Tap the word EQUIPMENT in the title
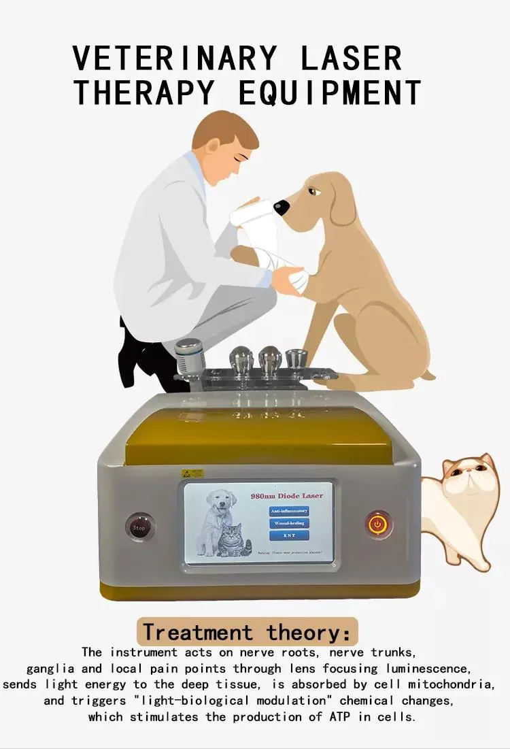pyautogui.click(x=330, y=92)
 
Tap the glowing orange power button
pyautogui.click(x=378, y=525)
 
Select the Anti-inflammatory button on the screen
pyautogui.click(x=289, y=510)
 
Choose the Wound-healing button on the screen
pyautogui.click(x=289, y=523)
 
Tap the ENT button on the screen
pyautogui.click(x=289, y=536)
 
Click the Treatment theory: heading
pyautogui.click(x=247, y=632)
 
